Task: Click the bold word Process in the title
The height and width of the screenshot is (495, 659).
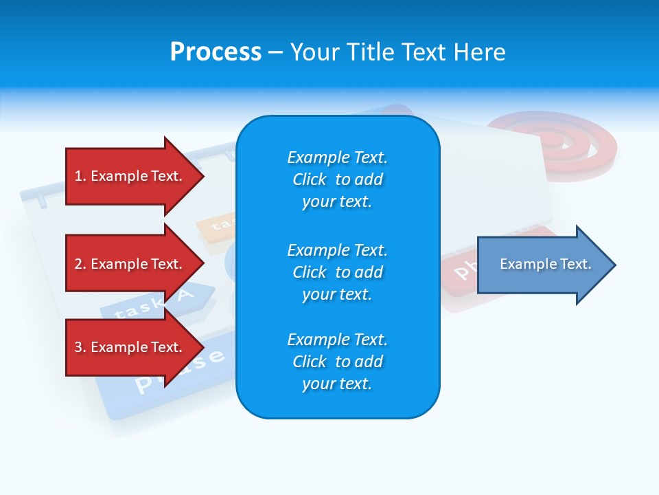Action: point(216,52)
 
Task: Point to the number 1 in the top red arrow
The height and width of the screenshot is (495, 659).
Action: point(78,176)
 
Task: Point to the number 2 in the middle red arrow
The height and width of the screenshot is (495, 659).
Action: point(78,264)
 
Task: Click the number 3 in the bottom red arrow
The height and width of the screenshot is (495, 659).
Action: point(78,347)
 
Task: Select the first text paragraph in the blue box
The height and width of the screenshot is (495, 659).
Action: point(337,179)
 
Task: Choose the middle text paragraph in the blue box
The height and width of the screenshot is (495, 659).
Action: point(337,272)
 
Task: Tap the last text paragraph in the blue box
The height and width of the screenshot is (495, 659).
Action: point(337,362)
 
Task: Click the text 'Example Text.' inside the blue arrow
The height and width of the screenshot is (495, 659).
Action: point(546,264)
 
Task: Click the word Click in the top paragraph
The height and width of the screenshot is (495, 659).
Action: point(310,179)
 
